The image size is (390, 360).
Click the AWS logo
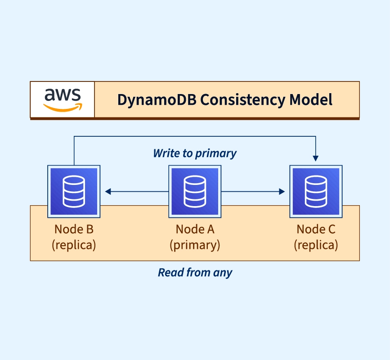63,100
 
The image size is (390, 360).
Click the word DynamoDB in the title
157,100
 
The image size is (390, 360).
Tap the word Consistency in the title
243,100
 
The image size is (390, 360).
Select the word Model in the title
311,100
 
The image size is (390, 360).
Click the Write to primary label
195,153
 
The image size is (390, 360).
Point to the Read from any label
195,273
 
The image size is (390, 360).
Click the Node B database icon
74,191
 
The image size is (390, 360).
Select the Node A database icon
195,191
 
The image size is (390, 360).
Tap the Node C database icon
316,191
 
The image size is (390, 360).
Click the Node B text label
74,229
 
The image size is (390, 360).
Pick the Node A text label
195,229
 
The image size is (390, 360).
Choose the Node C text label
316,229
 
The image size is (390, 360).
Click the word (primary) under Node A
195,245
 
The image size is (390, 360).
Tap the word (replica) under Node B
74,245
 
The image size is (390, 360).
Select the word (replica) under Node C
316,245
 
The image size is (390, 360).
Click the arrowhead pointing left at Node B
108,192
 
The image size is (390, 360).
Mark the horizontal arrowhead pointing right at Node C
282,192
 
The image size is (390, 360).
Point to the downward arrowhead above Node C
316,158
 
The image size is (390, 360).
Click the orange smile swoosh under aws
63,108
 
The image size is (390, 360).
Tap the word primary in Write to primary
216,154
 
